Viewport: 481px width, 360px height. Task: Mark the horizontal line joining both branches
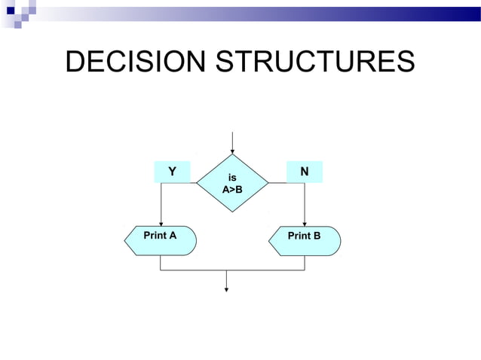[x=232, y=270]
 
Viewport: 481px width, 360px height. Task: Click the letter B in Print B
[x=317, y=236]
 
